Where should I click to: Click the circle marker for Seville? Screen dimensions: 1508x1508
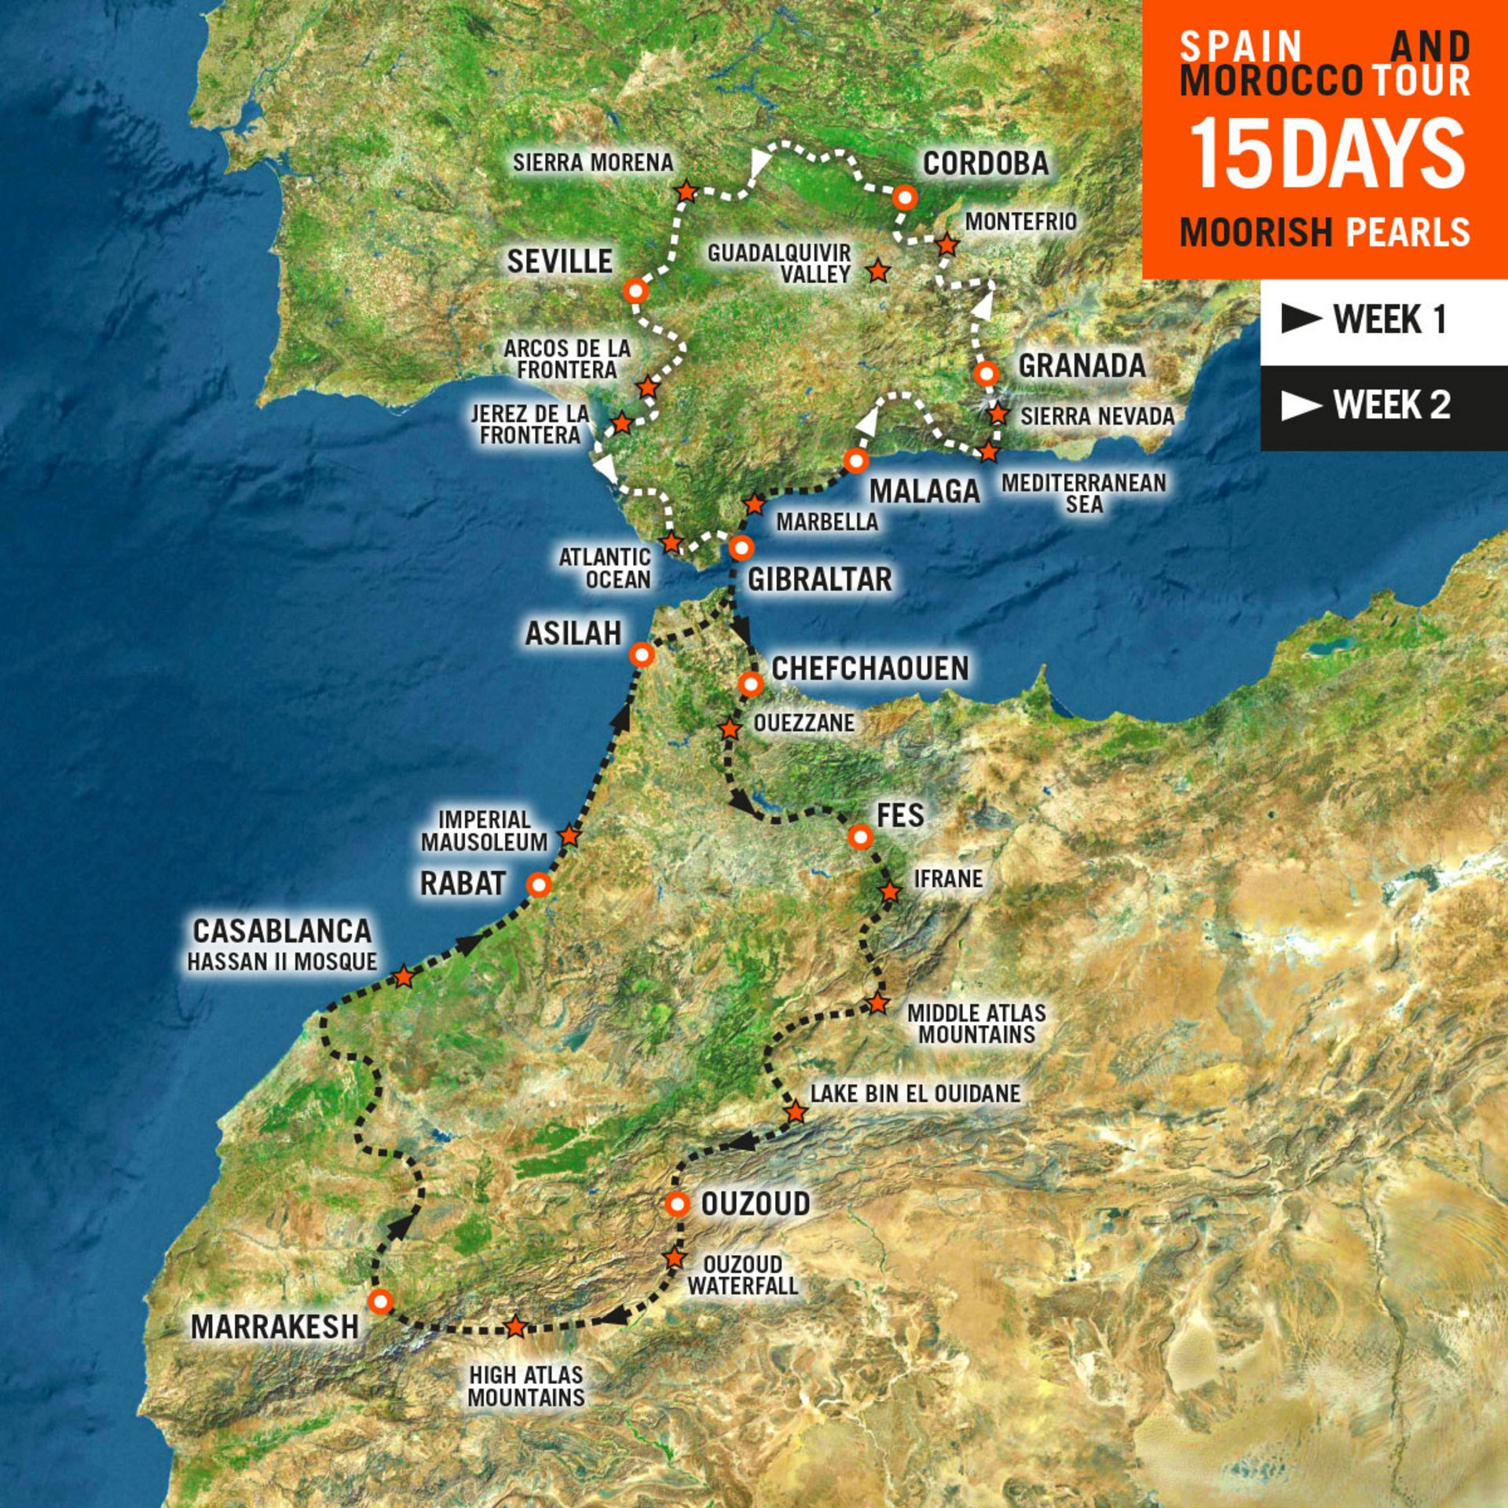pyautogui.click(x=635, y=291)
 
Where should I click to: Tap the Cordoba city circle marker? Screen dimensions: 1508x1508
pyautogui.click(x=905, y=197)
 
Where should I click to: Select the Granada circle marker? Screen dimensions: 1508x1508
pyautogui.click(x=986, y=373)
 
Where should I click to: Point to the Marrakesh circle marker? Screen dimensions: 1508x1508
pyautogui.click(x=380, y=1301)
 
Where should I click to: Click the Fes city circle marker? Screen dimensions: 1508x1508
pyautogui.click(x=861, y=837)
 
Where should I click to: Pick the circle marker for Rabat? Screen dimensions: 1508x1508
pyautogui.click(x=540, y=885)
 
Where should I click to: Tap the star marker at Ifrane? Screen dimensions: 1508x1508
pyautogui.click(x=890, y=892)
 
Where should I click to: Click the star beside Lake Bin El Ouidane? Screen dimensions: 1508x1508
pyautogui.click(x=796, y=1112)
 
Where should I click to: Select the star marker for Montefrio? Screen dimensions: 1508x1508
pyautogui.click(x=947, y=246)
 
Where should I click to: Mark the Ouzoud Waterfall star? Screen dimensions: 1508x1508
pyautogui.click(x=675, y=1257)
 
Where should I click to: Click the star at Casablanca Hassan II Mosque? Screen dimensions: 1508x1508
pyautogui.click(x=403, y=976)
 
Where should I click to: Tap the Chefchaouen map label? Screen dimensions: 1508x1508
pyautogui.click(x=870, y=668)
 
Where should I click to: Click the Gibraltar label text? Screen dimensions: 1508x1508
pyautogui.click(x=819, y=580)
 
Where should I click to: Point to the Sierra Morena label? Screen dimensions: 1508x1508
pyautogui.click(x=593, y=163)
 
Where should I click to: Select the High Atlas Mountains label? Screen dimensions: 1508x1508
pyautogui.click(x=526, y=1386)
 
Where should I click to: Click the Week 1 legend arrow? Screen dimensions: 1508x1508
pyautogui.click(x=1301, y=318)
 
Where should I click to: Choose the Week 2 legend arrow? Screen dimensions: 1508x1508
pyautogui.click(x=1301, y=405)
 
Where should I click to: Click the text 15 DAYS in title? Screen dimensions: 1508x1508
pyautogui.click(x=1327, y=154)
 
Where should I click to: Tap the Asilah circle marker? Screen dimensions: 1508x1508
pyautogui.click(x=642, y=654)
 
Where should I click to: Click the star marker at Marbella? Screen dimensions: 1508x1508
pyautogui.click(x=754, y=504)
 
